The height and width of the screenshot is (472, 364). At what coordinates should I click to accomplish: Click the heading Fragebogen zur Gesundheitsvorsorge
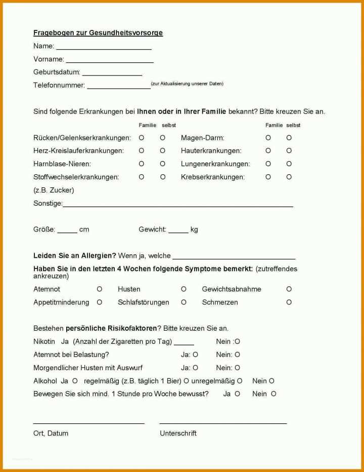pos(98,33)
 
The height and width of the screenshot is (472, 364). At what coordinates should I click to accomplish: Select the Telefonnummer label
pos(59,85)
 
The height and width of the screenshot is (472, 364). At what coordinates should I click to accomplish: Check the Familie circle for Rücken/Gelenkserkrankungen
pos(142,138)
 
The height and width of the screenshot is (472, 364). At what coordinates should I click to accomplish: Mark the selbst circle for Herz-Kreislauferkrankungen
pos(163,151)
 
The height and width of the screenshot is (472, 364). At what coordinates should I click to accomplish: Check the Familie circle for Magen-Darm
pos(268,138)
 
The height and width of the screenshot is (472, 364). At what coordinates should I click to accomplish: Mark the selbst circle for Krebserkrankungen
pos(289,177)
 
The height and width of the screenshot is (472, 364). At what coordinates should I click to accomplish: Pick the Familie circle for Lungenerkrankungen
pos(268,164)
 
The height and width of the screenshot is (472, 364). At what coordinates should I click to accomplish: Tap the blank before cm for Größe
pos(67,231)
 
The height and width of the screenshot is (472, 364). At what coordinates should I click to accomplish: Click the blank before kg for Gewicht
pos(178,231)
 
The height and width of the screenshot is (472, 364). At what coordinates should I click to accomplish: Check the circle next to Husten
pos(184,289)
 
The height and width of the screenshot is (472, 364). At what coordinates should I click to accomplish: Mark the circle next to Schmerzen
pos(289,302)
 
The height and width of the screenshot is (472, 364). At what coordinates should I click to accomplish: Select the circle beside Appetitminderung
pos(100,302)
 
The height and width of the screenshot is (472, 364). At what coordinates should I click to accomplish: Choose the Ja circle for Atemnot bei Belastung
pos(195,355)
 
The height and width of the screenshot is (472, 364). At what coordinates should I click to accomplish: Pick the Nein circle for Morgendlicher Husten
pos(237,368)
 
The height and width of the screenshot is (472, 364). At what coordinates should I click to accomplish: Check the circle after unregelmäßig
pos(240,381)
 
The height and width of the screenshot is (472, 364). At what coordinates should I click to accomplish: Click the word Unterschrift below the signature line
pos(178,434)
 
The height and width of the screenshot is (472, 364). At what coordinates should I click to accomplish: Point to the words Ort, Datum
pos(51,434)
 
